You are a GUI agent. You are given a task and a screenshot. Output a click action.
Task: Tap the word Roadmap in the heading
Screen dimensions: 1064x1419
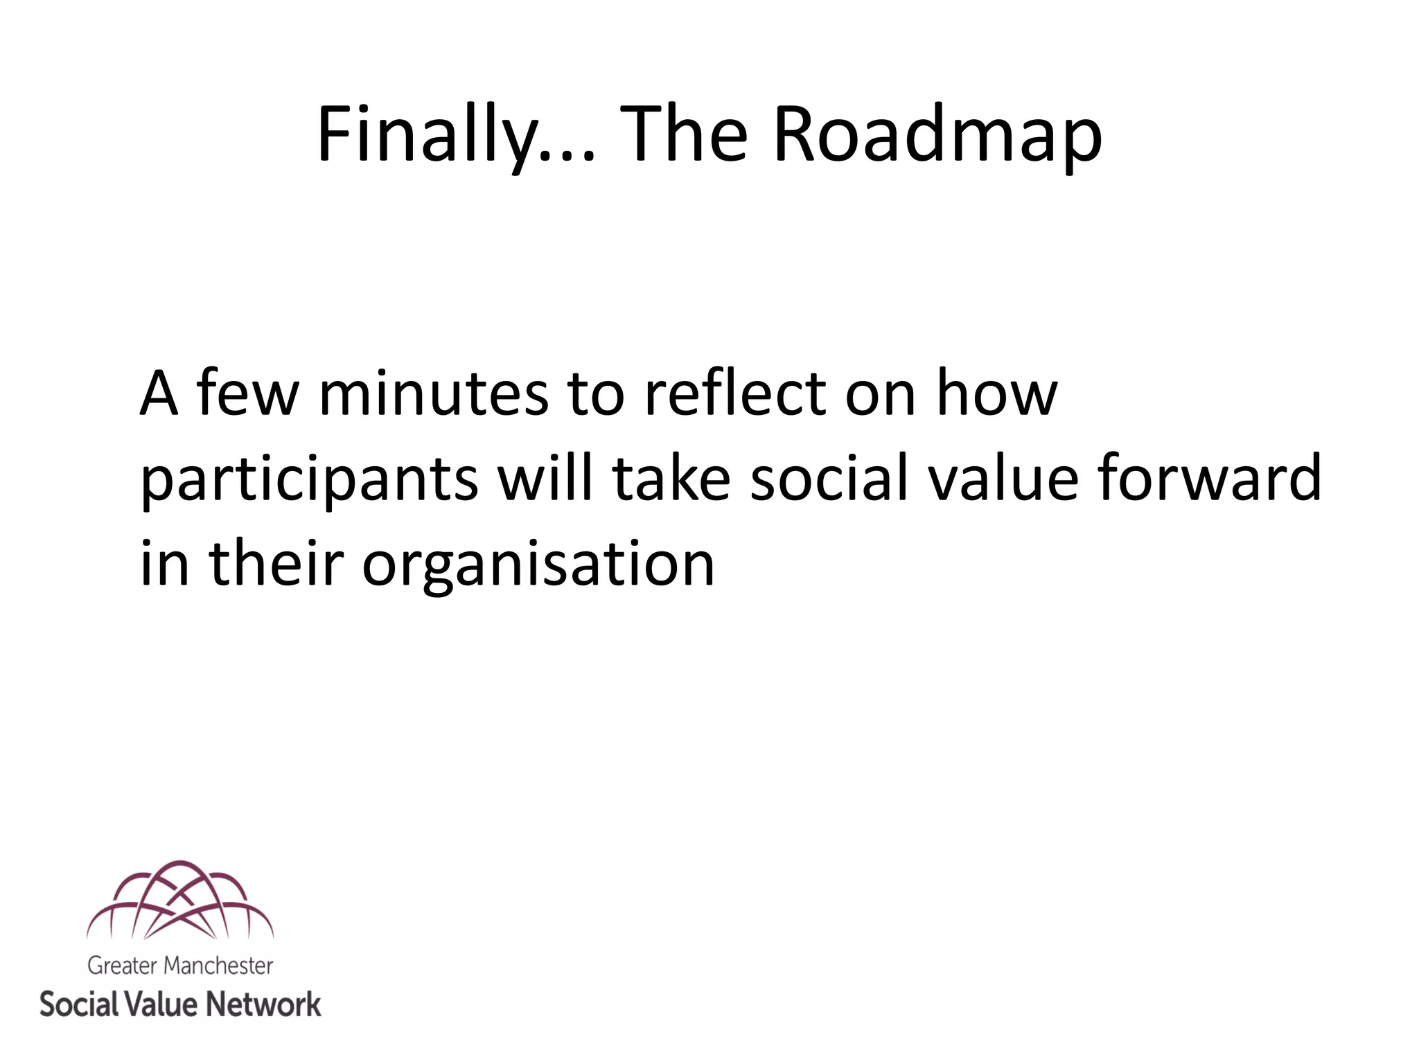[937, 135]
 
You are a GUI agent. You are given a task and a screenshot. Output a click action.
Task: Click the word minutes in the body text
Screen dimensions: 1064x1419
[433, 395]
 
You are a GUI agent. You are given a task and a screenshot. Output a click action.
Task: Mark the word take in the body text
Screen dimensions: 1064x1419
[671, 478]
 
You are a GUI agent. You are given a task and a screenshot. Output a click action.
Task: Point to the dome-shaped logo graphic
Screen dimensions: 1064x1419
[180, 901]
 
